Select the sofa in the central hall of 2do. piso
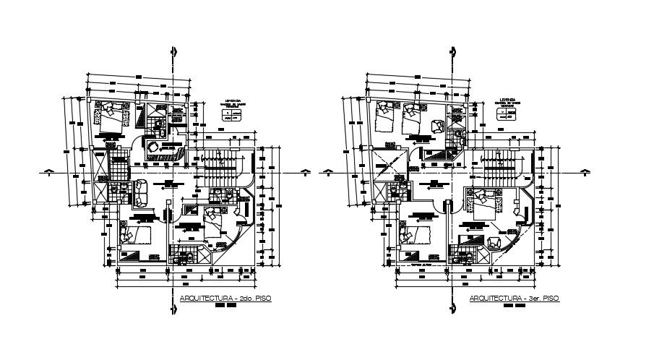pos(139,192)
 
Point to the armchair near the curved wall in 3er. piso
pos(496,242)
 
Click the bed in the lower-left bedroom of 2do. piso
pos(134,236)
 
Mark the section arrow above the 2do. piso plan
pos(172,53)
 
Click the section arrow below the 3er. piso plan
pos(452,307)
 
